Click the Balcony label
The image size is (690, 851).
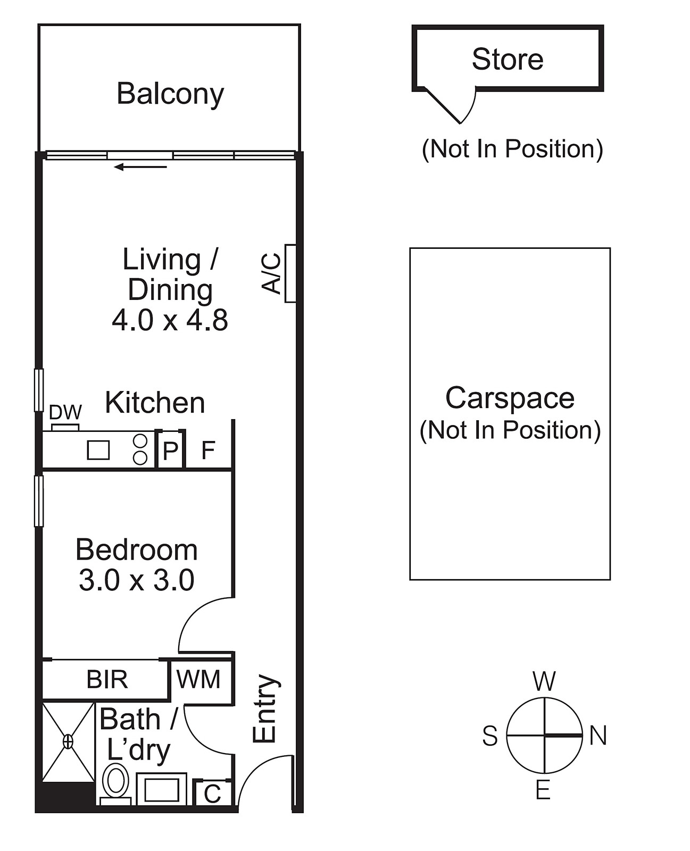point(170,94)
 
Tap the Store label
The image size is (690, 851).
point(508,59)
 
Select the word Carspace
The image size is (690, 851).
point(510,398)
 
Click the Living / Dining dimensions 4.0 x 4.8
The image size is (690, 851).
point(170,320)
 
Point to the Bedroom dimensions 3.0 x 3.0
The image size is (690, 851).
point(136,580)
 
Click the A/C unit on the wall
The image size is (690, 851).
point(290,273)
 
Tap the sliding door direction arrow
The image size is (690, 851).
point(140,167)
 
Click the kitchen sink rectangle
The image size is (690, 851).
point(98,450)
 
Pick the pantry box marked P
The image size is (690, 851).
point(170,449)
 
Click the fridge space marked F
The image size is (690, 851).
point(208,450)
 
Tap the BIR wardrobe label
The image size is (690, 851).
point(107,679)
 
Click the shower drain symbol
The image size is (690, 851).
point(68,741)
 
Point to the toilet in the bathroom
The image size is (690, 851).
point(115,785)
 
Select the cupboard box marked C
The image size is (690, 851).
point(212,793)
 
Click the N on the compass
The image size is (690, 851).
point(598,736)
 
